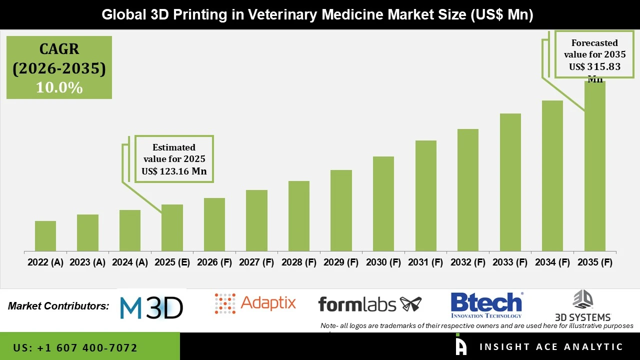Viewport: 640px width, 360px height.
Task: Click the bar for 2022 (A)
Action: tap(45, 236)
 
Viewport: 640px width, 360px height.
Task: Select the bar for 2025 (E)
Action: tap(172, 227)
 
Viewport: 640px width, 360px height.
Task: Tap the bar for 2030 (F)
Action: tap(383, 203)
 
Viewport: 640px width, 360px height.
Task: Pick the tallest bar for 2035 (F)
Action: tap(594, 166)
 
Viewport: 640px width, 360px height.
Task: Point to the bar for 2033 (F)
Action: tap(510, 182)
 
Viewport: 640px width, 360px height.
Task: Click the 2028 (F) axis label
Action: tap(298, 262)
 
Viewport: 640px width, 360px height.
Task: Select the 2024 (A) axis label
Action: tap(130, 262)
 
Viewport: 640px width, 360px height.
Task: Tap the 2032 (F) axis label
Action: tap(467, 262)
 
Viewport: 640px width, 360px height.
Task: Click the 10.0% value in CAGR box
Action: tap(59, 87)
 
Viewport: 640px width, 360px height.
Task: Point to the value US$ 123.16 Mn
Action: tap(174, 171)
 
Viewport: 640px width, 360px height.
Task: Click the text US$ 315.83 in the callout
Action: tap(594, 67)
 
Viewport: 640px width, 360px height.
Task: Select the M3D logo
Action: tap(151, 307)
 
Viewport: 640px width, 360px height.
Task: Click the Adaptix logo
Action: tap(255, 303)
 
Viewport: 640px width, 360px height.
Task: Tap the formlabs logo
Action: tap(369, 303)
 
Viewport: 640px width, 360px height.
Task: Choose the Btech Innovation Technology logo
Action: tap(486, 304)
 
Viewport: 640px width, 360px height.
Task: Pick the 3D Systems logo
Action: tap(583, 305)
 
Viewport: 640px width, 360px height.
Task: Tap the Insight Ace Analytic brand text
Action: tap(551, 347)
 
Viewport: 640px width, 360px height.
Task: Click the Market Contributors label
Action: tap(58, 306)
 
